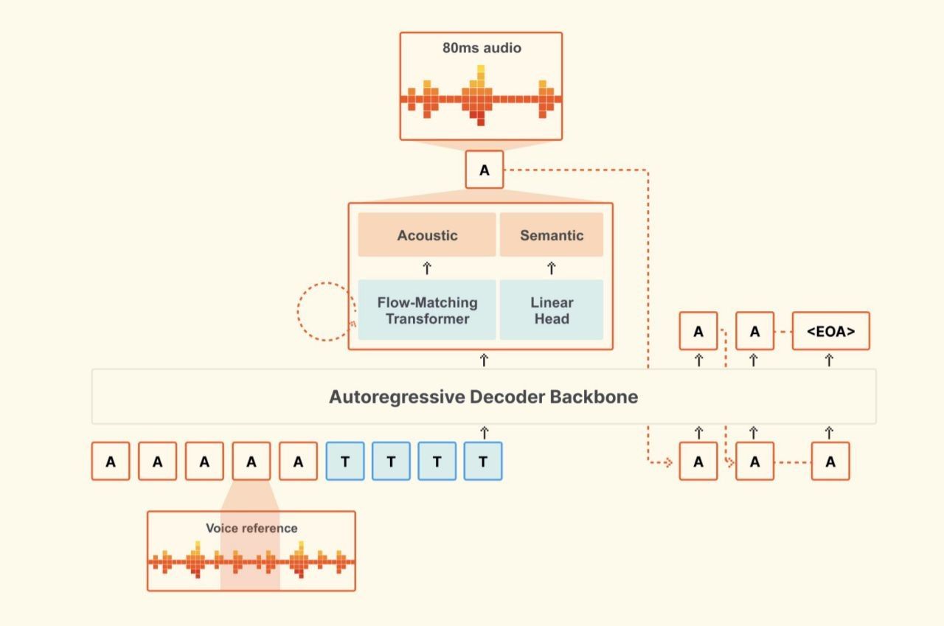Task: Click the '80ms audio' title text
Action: [x=482, y=49]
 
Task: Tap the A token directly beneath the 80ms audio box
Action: [x=484, y=170]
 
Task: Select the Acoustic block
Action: [x=427, y=235]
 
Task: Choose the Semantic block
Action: [x=552, y=235]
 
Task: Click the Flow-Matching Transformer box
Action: [x=427, y=310]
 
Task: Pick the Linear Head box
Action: [x=552, y=310]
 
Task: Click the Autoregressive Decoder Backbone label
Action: [x=483, y=397]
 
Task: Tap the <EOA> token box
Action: [x=830, y=331]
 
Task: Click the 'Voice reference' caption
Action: [x=251, y=528]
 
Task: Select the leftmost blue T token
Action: [x=345, y=462]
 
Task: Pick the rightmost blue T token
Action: [x=483, y=462]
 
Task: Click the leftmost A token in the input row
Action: [x=111, y=462]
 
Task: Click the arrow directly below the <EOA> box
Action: [x=829, y=360]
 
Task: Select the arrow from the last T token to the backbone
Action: [x=484, y=433]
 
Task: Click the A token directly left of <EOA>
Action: [x=754, y=331]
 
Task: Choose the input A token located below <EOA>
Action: [x=830, y=462]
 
